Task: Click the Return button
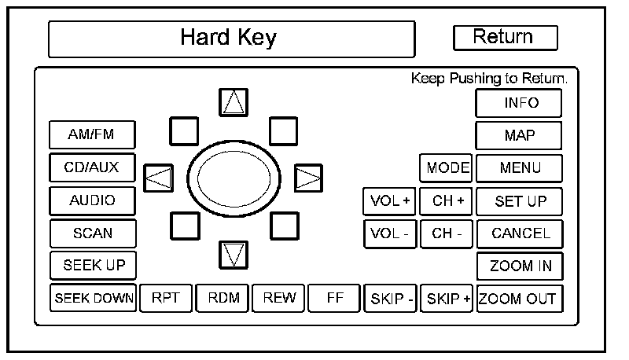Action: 505,37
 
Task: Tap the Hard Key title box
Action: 231,38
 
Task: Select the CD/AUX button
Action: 92,167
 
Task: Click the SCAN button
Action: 92,233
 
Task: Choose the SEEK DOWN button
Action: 94,298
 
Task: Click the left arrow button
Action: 160,178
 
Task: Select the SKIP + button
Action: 447,299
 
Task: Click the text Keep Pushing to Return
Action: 489,79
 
